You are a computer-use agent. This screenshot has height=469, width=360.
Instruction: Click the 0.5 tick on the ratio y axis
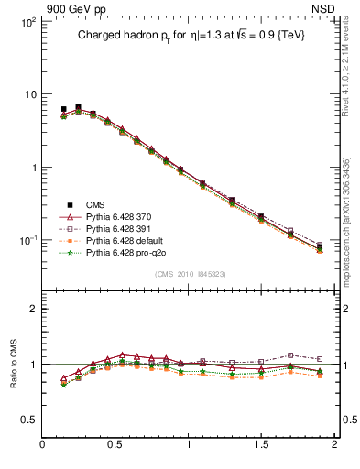coord(27,420)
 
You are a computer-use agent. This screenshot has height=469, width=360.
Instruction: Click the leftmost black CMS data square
coord(63,109)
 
